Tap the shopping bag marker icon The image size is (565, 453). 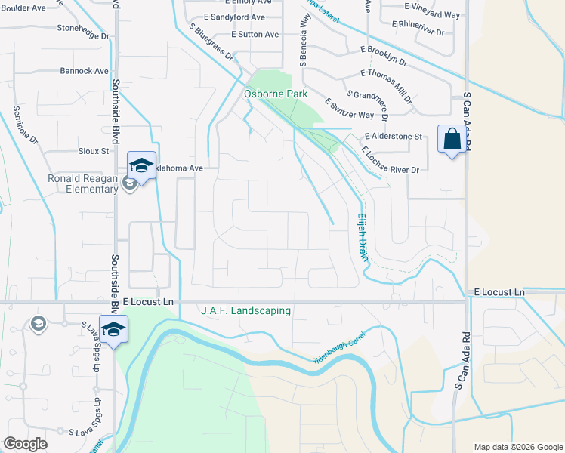click(x=452, y=140)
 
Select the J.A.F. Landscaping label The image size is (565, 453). click(x=245, y=310)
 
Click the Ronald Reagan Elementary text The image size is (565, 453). click(x=83, y=183)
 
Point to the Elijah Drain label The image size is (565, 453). click(x=363, y=236)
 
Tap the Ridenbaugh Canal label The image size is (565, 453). click(x=339, y=348)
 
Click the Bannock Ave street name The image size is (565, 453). click(x=85, y=71)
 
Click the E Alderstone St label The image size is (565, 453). click(x=392, y=137)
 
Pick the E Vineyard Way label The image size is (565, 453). click(x=431, y=15)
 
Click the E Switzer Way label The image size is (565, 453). click(x=349, y=109)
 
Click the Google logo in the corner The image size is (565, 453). click(x=25, y=444)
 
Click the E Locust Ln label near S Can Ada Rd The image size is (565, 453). click(x=499, y=292)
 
